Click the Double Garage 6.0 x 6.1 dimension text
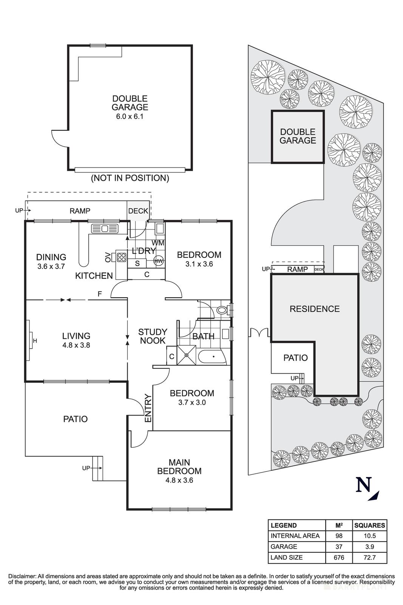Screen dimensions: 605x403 pyautogui.click(x=130, y=116)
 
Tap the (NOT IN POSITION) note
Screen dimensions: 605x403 pyautogui.click(x=130, y=178)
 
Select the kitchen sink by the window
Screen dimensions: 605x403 pyautogui.click(x=105, y=228)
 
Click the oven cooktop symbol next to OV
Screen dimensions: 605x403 pyautogui.click(x=121, y=257)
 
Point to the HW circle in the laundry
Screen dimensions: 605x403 pyautogui.click(x=159, y=261)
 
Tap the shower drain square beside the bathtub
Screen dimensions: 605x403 pyautogui.click(x=186, y=355)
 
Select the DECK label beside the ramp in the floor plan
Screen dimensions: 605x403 pyautogui.click(x=138, y=211)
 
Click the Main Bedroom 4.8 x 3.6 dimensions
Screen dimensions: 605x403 pyautogui.click(x=179, y=481)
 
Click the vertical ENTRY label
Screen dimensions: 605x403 pyautogui.click(x=148, y=408)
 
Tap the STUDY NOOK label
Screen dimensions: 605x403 pyautogui.click(x=153, y=336)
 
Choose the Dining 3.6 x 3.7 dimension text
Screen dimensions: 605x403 pyautogui.click(x=51, y=266)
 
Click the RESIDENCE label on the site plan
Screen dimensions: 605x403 pyautogui.click(x=314, y=309)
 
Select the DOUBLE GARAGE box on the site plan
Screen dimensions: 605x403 pyautogui.click(x=298, y=137)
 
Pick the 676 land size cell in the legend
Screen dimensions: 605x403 pyautogui.click(x=338, y=557)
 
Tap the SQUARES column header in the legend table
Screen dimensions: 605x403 pyautogui.click(x=369, y=525)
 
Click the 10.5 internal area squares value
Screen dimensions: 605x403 pyautogui.click(x=369, y=536)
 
